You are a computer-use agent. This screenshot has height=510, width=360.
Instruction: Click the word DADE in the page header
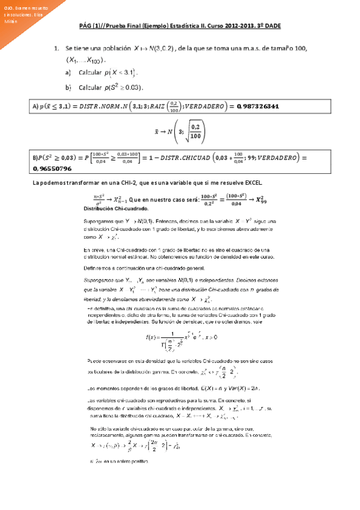(x=272, y=27)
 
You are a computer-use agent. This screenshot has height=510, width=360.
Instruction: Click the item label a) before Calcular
(x=68, y=73)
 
